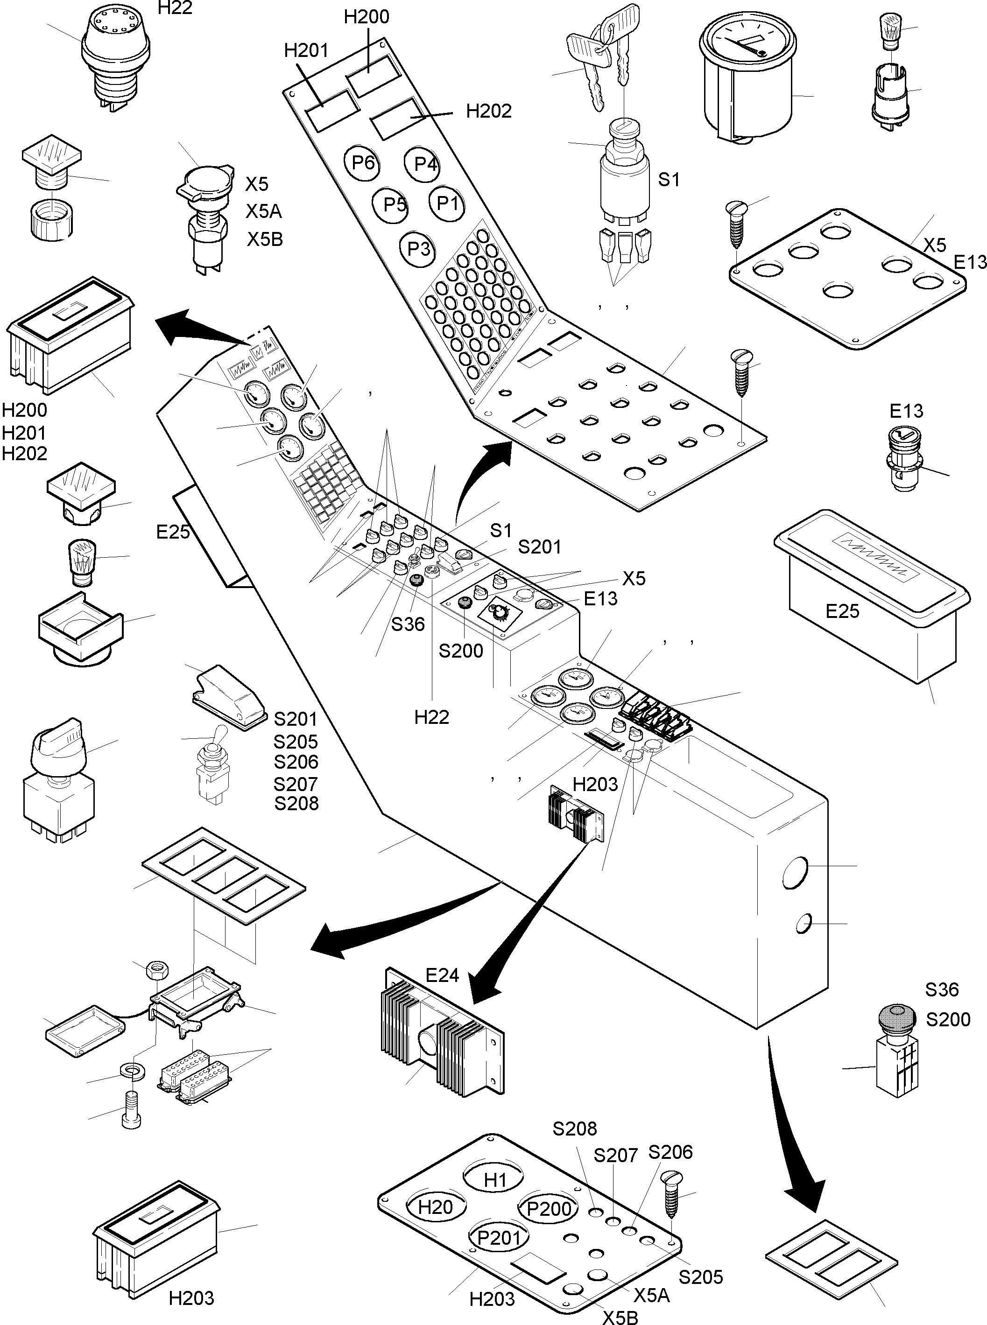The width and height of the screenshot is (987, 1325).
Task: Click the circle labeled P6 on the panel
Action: (363, 162)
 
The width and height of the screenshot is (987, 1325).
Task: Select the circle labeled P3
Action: (418, 248)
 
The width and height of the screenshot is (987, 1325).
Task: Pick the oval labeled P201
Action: (500, 1237)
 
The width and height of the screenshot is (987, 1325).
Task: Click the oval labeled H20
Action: (436, 1207)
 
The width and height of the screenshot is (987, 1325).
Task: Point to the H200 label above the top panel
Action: (366, 17)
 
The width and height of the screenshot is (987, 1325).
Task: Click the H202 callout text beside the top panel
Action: (489, 111)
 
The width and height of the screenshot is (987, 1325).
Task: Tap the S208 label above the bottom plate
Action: (575, 1129)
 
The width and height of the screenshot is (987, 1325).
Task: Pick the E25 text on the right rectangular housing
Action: (842, 611)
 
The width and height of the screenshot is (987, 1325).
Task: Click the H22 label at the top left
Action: (175, 8)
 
